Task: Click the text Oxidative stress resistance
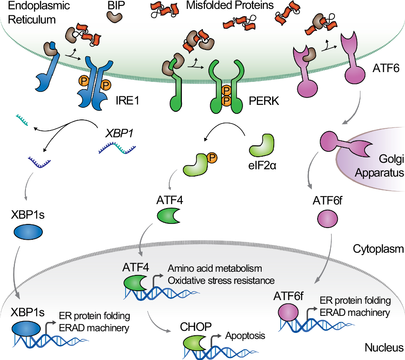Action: pyautogui.click(x=221, y=280)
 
